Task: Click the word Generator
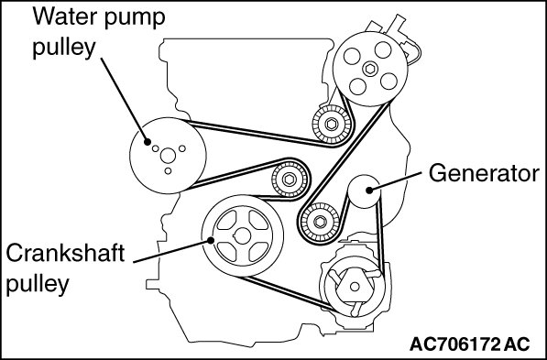tap(484, 173)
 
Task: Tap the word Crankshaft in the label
tap(65, 253)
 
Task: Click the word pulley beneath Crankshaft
tap(38, 285)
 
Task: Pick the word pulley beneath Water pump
tap(64, 48)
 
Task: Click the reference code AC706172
tap(455, 344)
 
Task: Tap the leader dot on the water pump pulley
tap(148, 142)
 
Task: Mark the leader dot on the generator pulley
tap(369, 191)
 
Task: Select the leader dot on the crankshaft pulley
tap(211, 240)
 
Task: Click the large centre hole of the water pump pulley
tap(168, 156)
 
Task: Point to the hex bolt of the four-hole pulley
tap(370, 69)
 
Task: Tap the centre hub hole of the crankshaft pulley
tap(243, 235)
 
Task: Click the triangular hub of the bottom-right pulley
tap(353, 286)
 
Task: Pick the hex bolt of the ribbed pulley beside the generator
tap(320, 221)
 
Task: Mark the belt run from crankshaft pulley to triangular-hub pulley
tap(288, 293)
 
